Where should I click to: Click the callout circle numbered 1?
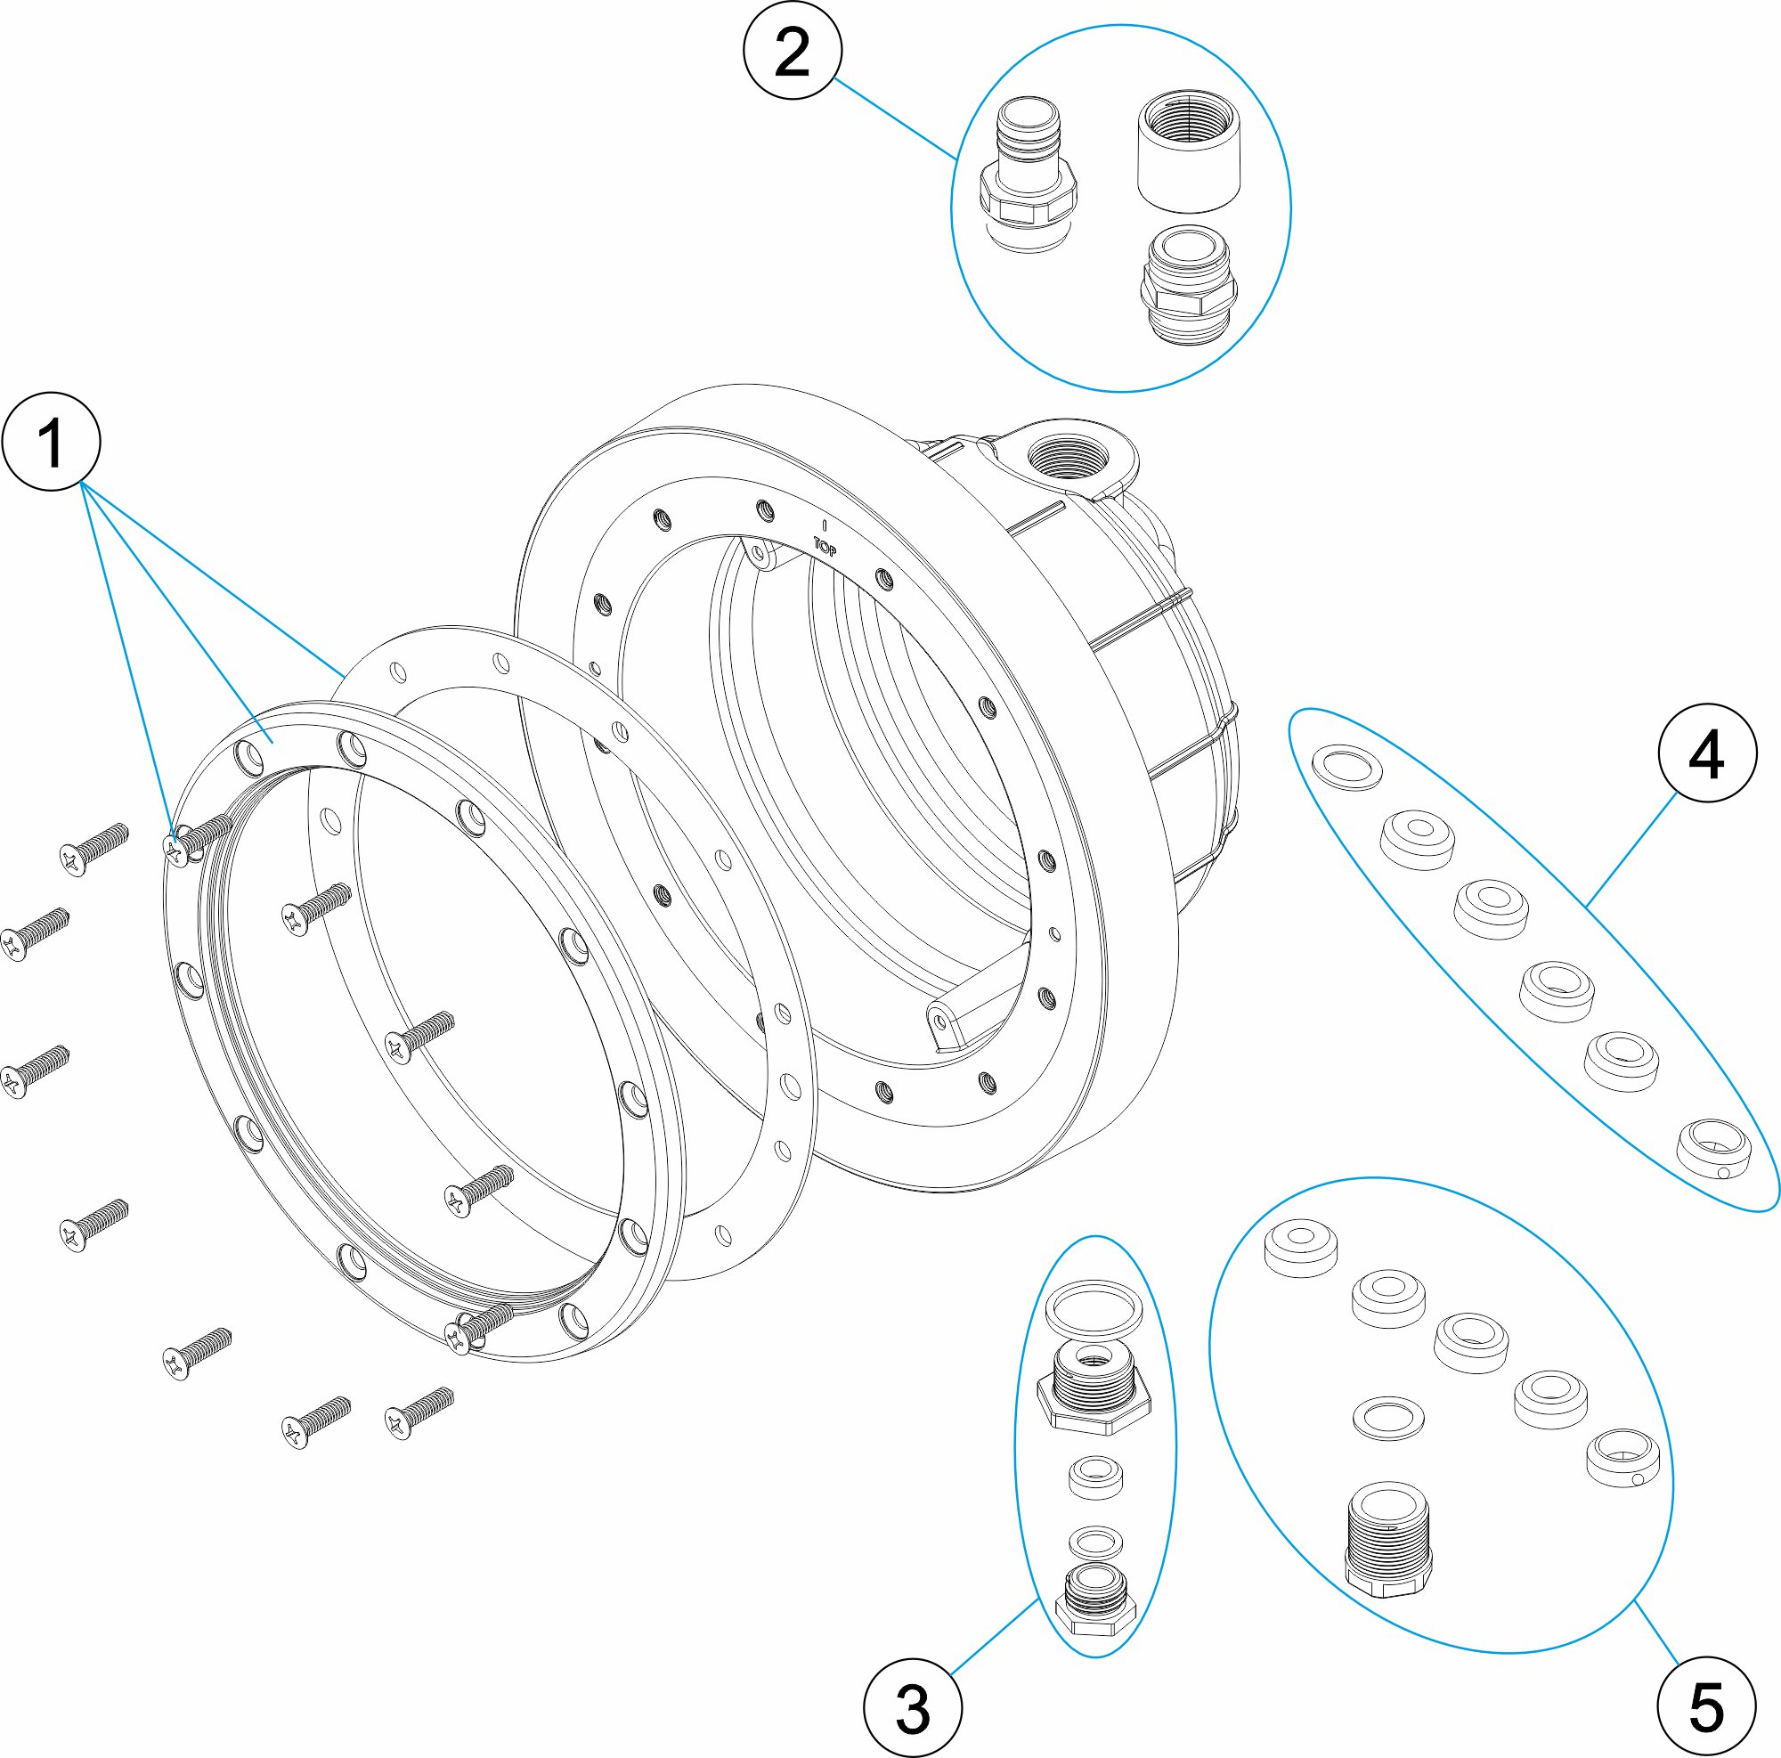51,442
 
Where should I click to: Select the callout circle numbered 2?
792,51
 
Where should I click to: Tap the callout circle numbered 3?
913,1707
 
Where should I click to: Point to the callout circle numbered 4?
1706,753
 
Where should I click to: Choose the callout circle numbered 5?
1706,1707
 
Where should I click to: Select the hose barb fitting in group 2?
1027,175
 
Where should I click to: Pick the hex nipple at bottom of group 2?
1188,285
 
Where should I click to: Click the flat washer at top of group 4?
1346,766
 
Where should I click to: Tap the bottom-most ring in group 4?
1713,1147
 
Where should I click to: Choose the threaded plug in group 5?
1388,1539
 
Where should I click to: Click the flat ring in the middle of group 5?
1388,1417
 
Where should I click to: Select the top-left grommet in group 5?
1301,1248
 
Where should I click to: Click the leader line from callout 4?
1631,849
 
